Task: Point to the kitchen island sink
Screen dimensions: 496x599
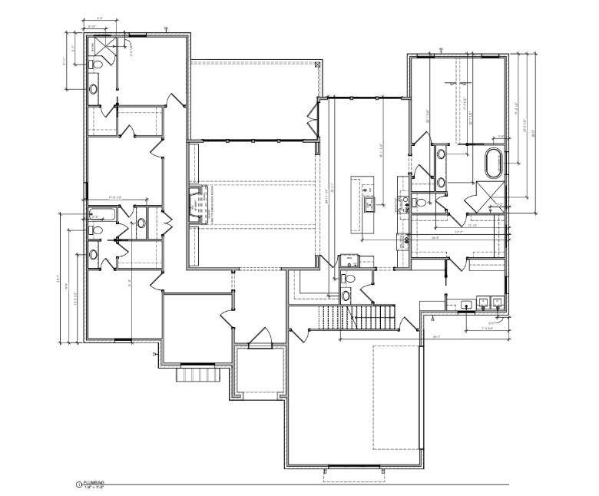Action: point(369,203)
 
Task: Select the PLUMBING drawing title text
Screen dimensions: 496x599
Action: point(94,484)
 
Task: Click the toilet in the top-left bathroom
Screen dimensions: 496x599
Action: point(94,66)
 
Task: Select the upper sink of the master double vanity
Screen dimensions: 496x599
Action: point(442,154)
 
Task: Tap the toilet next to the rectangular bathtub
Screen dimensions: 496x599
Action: point(97,229)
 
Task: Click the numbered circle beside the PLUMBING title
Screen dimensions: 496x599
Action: point(78,484)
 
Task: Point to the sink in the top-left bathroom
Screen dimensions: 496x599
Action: point(94,89)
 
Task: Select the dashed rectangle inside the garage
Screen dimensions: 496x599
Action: point(396,397)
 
